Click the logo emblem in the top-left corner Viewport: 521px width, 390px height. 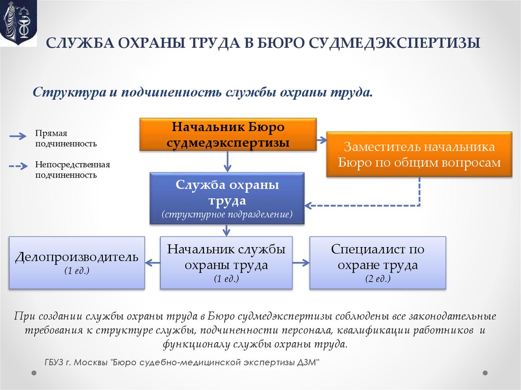[18, 23]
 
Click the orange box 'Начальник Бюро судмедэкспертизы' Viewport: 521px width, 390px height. [228, 134]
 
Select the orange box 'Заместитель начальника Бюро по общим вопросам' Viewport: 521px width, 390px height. [419, 155]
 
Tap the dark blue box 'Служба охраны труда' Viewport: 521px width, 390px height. [227, 198]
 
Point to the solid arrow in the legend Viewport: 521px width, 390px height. [18, 136]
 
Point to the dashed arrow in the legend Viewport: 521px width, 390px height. [18, 166]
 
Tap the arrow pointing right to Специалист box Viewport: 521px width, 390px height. [301, 262]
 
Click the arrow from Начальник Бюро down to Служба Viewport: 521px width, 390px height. [227, 161]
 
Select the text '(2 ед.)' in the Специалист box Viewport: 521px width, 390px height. [378, 279]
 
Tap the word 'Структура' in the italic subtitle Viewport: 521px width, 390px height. [65, 92]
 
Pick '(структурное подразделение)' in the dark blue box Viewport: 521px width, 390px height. [227, 215]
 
